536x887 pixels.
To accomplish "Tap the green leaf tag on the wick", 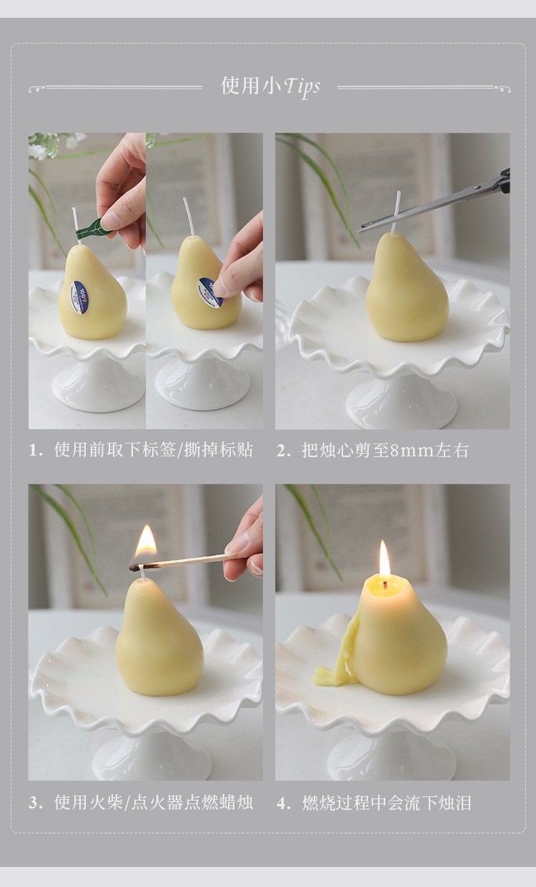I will point(91,228).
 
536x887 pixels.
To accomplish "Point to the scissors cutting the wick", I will point(436,204).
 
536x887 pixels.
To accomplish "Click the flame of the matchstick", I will point(146,542).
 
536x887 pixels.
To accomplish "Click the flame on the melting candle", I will point(384,560).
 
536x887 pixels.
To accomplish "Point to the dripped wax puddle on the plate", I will point(333,673).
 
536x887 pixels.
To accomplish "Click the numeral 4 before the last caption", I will point(284,803).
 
